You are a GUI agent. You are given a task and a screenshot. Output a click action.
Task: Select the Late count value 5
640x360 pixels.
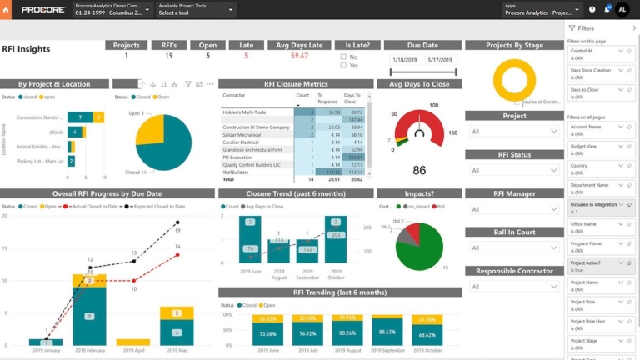click(x=246, y=56)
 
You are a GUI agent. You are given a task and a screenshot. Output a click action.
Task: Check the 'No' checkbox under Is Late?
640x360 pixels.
click(x=343, y=57)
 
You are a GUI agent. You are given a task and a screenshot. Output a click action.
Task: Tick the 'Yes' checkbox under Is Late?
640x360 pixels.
click(x=343, y=65)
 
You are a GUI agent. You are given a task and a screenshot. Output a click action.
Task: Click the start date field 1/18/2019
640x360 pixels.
click(x=405, y=60)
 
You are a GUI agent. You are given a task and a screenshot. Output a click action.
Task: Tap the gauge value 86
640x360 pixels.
click(x=419, y=171)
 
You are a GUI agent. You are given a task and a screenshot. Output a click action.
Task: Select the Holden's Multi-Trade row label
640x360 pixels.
click(x=243, y=112)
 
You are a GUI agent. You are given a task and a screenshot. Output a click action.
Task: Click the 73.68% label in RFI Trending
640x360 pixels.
click(x=267, y=334)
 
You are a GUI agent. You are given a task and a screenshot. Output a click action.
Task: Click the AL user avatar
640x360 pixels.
click(x=622, y=9)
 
